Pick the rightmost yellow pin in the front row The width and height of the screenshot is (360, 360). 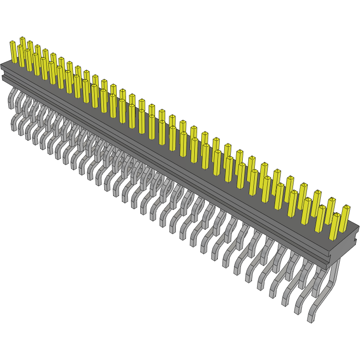pyautogui.click(x=335, y=226)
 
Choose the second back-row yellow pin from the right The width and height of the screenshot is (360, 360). pyautogui.click(x=331, y=210)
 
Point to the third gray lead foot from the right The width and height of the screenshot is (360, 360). pyautogui.click(x=286, y=302)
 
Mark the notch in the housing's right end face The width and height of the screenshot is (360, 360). pyautogui.click(x=356, y=240)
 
